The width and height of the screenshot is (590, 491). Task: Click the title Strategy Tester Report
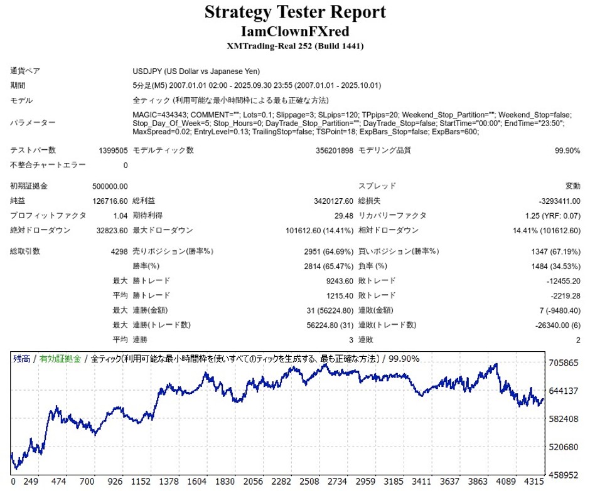click(295, 12)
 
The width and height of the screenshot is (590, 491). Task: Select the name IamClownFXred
click(295, 31)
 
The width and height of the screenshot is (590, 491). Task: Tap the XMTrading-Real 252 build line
click(295, 46)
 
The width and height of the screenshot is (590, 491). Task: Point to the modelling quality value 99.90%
click(567, 150)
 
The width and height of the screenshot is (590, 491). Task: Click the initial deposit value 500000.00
click(110, 186)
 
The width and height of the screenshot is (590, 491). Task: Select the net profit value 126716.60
click(110, 201)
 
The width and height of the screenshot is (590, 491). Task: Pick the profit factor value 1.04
click(121, 216)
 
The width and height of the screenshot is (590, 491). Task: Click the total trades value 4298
click(118, 251)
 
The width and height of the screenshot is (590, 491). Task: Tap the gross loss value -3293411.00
click(559, 201)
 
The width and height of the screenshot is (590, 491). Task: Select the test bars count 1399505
click(113, 150)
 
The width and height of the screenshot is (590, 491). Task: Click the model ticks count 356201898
click(335, 150)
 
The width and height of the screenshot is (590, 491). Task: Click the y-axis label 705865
click(563, 363)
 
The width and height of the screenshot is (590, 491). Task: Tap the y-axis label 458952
click(563, 475)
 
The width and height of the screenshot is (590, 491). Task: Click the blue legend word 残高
click(22, 359)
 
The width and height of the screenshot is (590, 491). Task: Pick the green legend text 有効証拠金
click(60, 359)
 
